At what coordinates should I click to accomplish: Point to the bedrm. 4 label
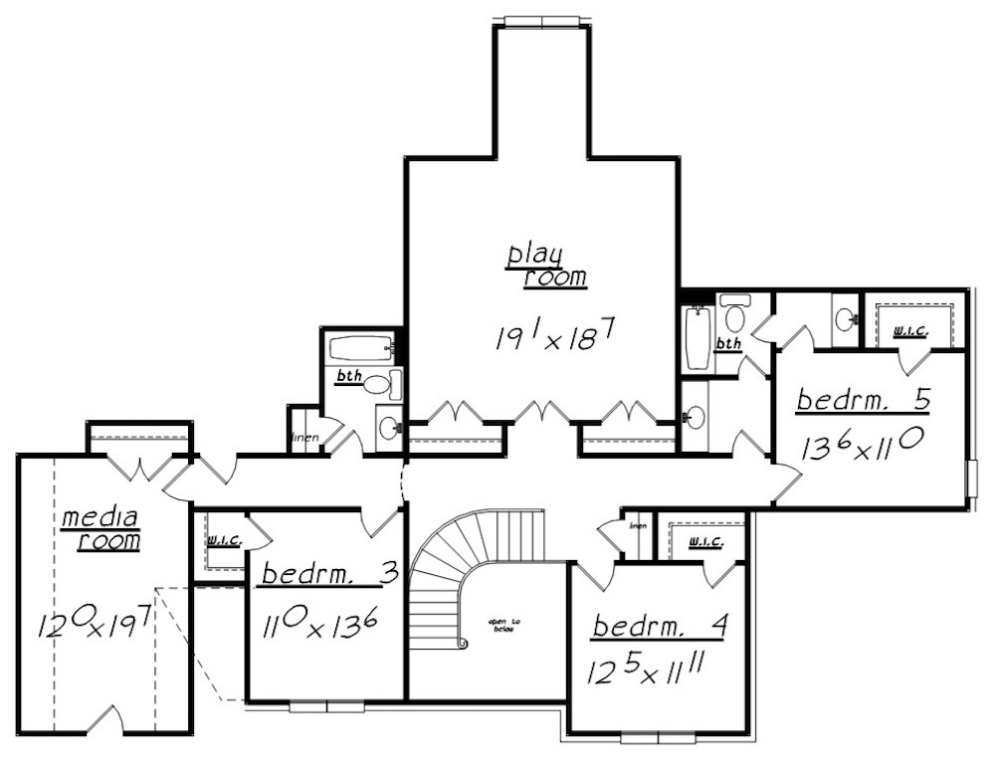tap(661, 628)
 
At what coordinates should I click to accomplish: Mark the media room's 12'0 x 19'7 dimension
tap(95, 626)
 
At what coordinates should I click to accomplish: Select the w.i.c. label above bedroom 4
tap(704, 542)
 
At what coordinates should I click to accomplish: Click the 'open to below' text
tap(503, 627)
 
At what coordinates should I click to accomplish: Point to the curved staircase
tap(448, 587)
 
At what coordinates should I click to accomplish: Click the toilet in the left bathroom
tap(377, 384)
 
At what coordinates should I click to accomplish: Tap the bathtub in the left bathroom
tap(359, 349)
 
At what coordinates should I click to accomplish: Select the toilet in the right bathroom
tap(735, 316)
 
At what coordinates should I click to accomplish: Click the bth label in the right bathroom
tap(729, 344)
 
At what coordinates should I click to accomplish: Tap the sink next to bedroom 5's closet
tap(846, 319)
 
